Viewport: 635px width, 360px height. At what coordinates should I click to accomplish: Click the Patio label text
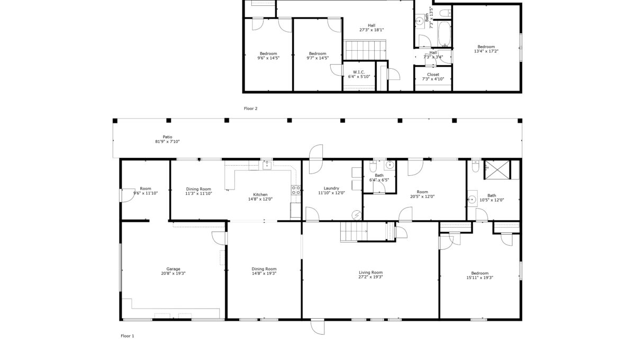[x=167, y=137]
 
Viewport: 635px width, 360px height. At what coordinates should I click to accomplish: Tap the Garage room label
[x=173, y=269]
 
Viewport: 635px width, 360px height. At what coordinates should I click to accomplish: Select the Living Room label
[x=370, y=272]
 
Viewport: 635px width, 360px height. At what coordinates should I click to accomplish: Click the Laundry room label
[x=331, y=188]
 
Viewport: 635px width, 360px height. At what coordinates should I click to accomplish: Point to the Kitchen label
[x=260, y=195]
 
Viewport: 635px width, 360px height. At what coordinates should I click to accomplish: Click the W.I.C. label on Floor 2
[x=359, y=72]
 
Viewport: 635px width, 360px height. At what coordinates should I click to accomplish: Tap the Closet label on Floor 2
[x=433, y=75]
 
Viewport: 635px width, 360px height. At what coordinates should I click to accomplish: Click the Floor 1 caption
[x=128, y=336]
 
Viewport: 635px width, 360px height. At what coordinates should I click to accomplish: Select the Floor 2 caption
[x=251, y=109]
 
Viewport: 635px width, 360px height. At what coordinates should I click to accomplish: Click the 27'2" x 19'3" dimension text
[x=370, y=277]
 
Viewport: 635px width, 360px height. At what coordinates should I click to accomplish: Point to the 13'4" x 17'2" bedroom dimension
[x=486, y=51]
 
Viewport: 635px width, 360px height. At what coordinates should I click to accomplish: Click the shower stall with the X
[x=497, y=169]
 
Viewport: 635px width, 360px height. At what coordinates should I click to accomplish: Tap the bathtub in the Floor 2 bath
[x=444, y=34]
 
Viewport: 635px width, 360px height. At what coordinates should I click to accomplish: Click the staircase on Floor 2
[x=365, y=50]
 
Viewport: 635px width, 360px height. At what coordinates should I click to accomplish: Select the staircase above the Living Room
[x=354, y=232]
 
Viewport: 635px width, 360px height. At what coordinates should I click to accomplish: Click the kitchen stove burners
[x=296, y=190]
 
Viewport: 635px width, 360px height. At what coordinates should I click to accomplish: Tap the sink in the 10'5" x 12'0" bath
[x=472, y=199]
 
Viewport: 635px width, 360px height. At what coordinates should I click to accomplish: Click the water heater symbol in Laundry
[x=357, y=215]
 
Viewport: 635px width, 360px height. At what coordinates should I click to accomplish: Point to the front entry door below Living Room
[x=317, y=327]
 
